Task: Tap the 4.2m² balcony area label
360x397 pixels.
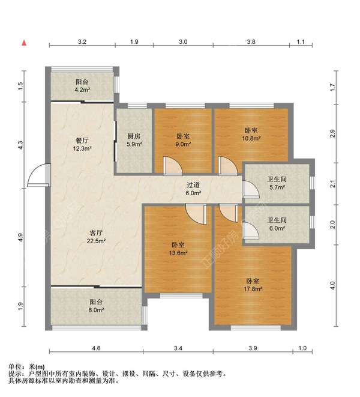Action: click(x=83, y=90)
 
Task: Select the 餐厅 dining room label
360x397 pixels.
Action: click(x=83, y=140)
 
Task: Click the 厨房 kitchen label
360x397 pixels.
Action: click(x=134, y=136)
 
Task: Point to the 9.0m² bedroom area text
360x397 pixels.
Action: click(x=183, y=144)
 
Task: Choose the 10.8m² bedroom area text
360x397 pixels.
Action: click(x=251, y=138)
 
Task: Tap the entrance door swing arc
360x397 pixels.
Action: click(x=37, y=174)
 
